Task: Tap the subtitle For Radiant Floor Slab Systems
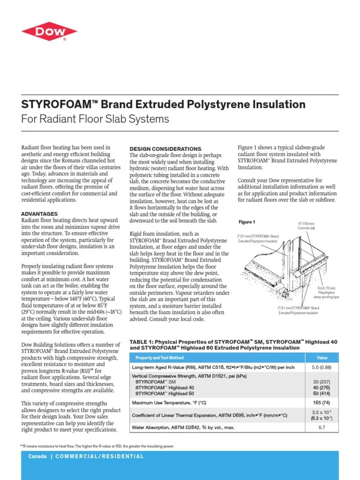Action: click(x=95, y=119)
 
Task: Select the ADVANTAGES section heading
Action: click(x=40, y=214)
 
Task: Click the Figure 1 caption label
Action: click(x=247, y=222)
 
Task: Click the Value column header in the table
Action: click(x=322, y=358)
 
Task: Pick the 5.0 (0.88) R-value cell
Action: click(x=322, y=368)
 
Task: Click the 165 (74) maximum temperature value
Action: click(x=322, y=403)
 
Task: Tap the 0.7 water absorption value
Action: click(x=322, y=427)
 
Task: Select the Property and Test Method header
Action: click(x=159, y=358)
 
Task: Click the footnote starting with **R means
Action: click(x=97, y=446)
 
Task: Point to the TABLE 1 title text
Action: click(x=233, y=345)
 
